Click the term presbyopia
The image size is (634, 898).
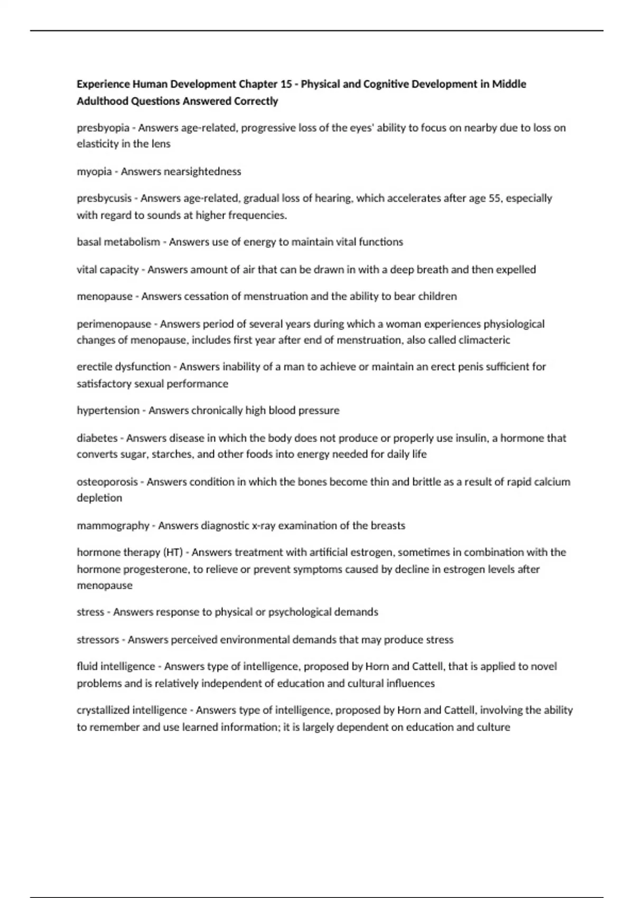click(103, 128)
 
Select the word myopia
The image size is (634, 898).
click(94, 172)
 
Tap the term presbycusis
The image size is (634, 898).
click(104, 199)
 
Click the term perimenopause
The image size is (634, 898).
click(114, 324)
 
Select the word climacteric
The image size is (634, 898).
click(484, 340)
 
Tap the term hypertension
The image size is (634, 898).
click(108, 410)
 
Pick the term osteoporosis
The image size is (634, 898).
click(107, 482)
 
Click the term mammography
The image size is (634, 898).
click(113, 526)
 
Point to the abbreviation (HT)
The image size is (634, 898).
click(173, 553)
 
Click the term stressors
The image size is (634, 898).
click(98, 640)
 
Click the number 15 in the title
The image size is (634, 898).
click(286, 84)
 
